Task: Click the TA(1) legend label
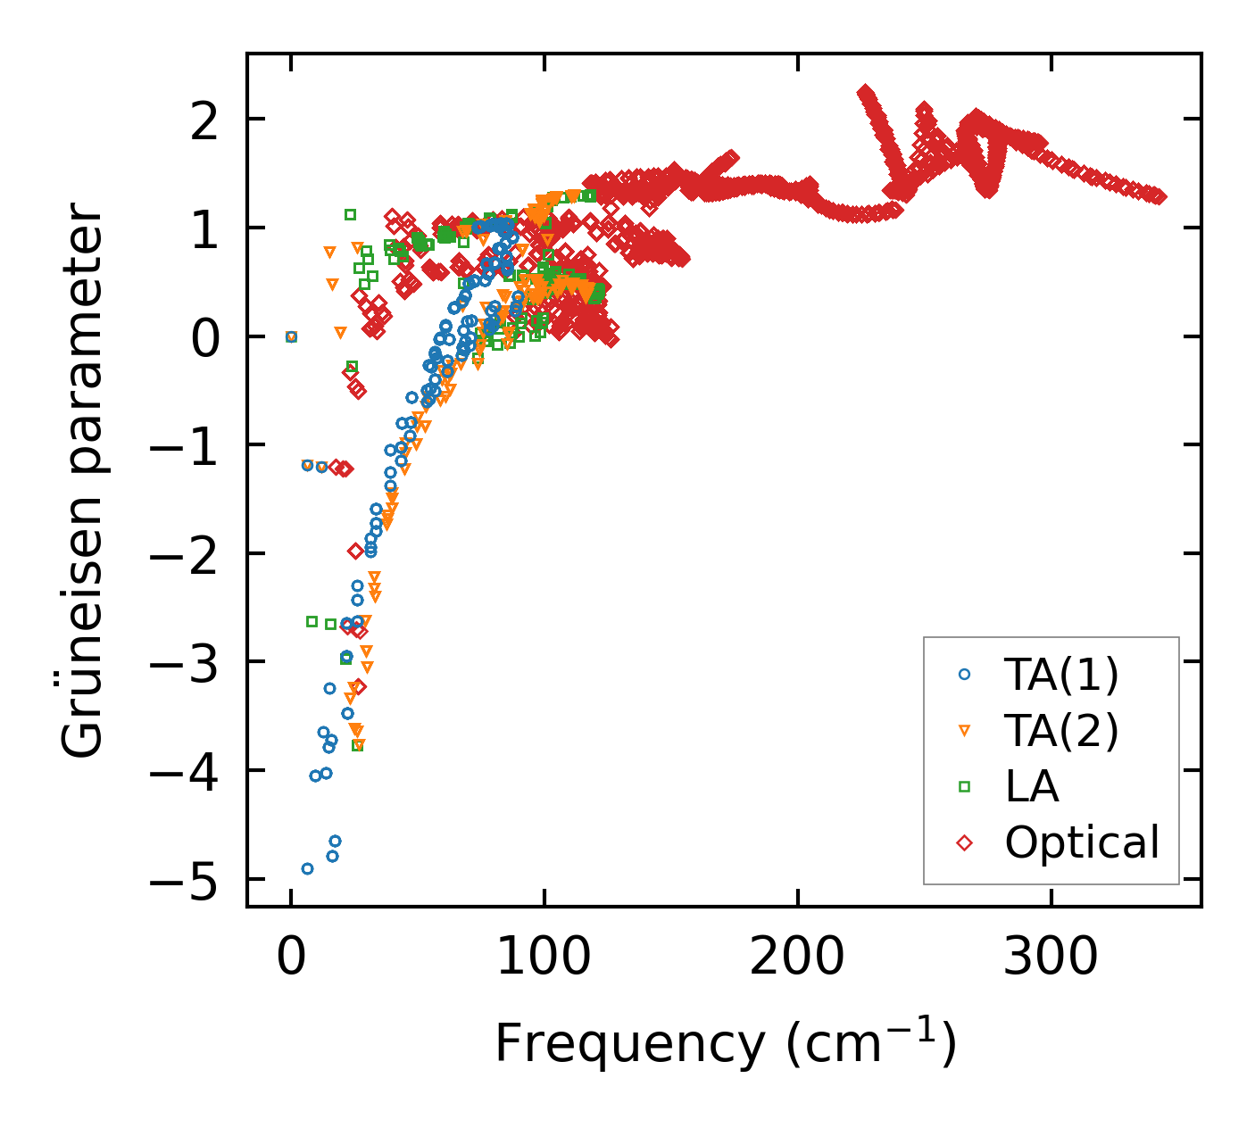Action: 1061,676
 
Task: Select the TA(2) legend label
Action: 1061,731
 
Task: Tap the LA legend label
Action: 1032,786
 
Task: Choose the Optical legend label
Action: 1082,842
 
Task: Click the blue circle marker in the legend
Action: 964,676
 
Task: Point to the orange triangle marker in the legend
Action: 964,731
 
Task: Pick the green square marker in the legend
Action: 964,786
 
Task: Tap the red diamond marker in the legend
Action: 964,842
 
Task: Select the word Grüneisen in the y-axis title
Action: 83,626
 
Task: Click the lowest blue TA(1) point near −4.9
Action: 307,868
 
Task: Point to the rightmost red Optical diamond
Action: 1159,197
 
